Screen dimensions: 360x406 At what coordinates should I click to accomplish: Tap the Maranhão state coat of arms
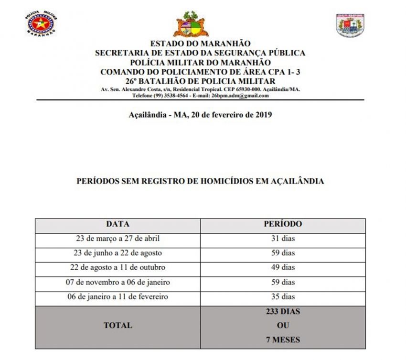191,24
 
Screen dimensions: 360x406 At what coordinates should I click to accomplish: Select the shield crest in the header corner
350,25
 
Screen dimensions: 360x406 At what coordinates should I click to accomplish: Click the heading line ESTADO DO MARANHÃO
200,44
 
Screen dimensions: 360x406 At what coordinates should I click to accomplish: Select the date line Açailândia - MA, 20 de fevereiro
200,115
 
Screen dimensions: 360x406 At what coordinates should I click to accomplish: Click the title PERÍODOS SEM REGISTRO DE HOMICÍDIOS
200,181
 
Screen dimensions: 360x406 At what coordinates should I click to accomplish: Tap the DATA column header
118,224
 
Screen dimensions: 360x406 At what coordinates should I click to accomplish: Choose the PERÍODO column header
283,224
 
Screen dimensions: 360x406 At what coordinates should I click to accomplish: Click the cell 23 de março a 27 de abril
118,238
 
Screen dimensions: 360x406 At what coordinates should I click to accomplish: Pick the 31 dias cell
283,238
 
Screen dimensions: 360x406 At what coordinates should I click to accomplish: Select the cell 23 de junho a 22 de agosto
118,253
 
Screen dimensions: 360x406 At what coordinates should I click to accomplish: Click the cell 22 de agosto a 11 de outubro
118,267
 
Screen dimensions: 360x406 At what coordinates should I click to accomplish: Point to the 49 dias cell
283,267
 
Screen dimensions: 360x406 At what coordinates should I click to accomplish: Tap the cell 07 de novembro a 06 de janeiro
118,282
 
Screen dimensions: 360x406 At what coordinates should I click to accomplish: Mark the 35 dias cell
283,297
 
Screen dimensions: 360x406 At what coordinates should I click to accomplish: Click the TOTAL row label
118,325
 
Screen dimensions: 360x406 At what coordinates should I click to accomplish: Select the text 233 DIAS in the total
283,311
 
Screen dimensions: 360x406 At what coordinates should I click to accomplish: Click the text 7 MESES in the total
283,340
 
